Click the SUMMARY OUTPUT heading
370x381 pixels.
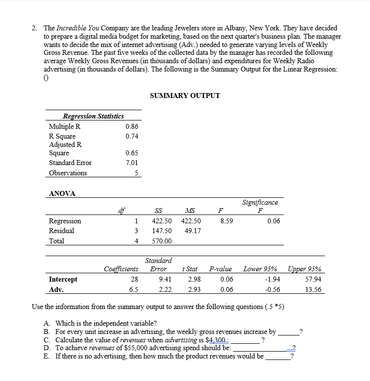coord(185,95)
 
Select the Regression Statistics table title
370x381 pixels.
coord(93,116)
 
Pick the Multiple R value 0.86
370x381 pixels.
coord(132,126)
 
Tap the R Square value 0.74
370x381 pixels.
coord(132,136)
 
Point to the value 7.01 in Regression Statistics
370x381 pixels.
coord(132,163)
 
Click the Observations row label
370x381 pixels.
coord(68,173)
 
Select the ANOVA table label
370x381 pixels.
coord(62,193)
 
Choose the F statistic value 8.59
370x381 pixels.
coord(226,221)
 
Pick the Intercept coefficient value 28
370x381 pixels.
coord(135,279)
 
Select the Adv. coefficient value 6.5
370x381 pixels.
coord(133,289)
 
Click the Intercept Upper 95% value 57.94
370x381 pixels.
coord(312,279)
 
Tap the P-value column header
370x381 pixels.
coord(220,269)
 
